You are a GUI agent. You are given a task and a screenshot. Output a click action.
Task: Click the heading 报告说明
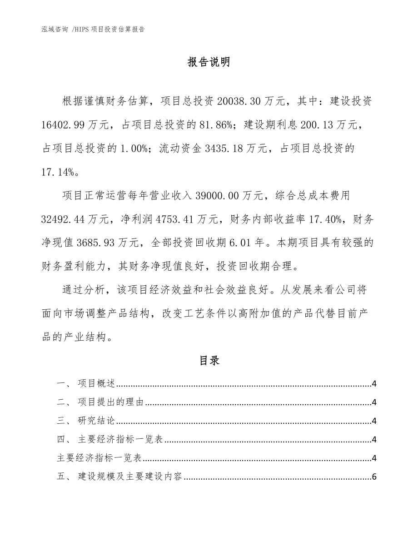(x=209, y=62)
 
